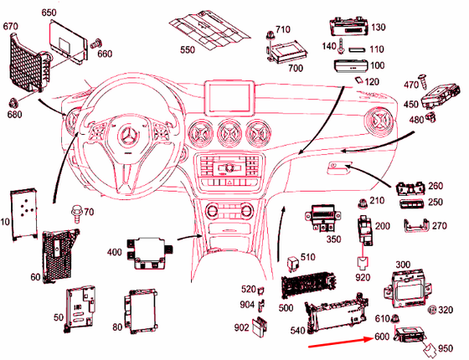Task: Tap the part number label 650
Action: [49, 13]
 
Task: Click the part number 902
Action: [242, 328]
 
